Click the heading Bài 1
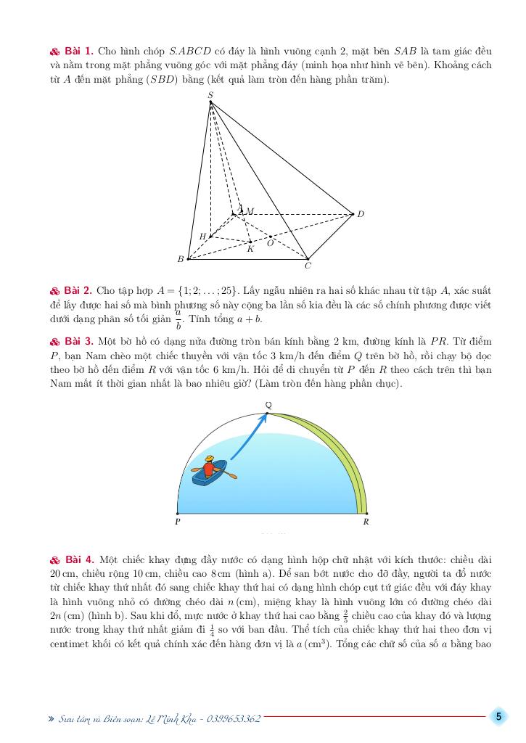click(78, 52)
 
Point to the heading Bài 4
click(78, 559)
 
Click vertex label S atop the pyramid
click(210, 94)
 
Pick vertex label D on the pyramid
click(361, 214)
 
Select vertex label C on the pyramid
click(308, 266)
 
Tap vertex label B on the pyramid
click(181, 259)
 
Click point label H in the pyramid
click(202, 237)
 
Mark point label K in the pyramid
click(250, 249)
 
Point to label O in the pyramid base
click(270, 244)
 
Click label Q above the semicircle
click(268, 404)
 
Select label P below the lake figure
click(178, 521)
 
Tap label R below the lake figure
click(366, 521)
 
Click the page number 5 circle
click(498, 717)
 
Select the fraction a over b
click(178, 320)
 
